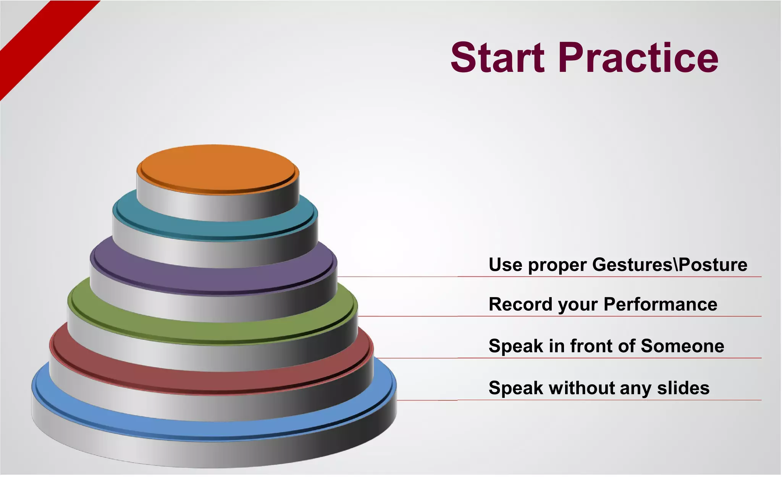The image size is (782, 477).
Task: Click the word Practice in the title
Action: coord(638,58)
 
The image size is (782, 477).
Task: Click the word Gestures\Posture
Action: coord(670,265)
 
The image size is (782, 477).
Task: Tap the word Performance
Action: coord(660,304)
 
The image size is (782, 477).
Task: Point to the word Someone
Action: coord(682,346)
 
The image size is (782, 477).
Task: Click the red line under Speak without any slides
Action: coord(611,400)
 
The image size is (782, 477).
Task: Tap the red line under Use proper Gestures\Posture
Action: coord(611,276)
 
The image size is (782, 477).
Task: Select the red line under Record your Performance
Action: coord(611,316)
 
